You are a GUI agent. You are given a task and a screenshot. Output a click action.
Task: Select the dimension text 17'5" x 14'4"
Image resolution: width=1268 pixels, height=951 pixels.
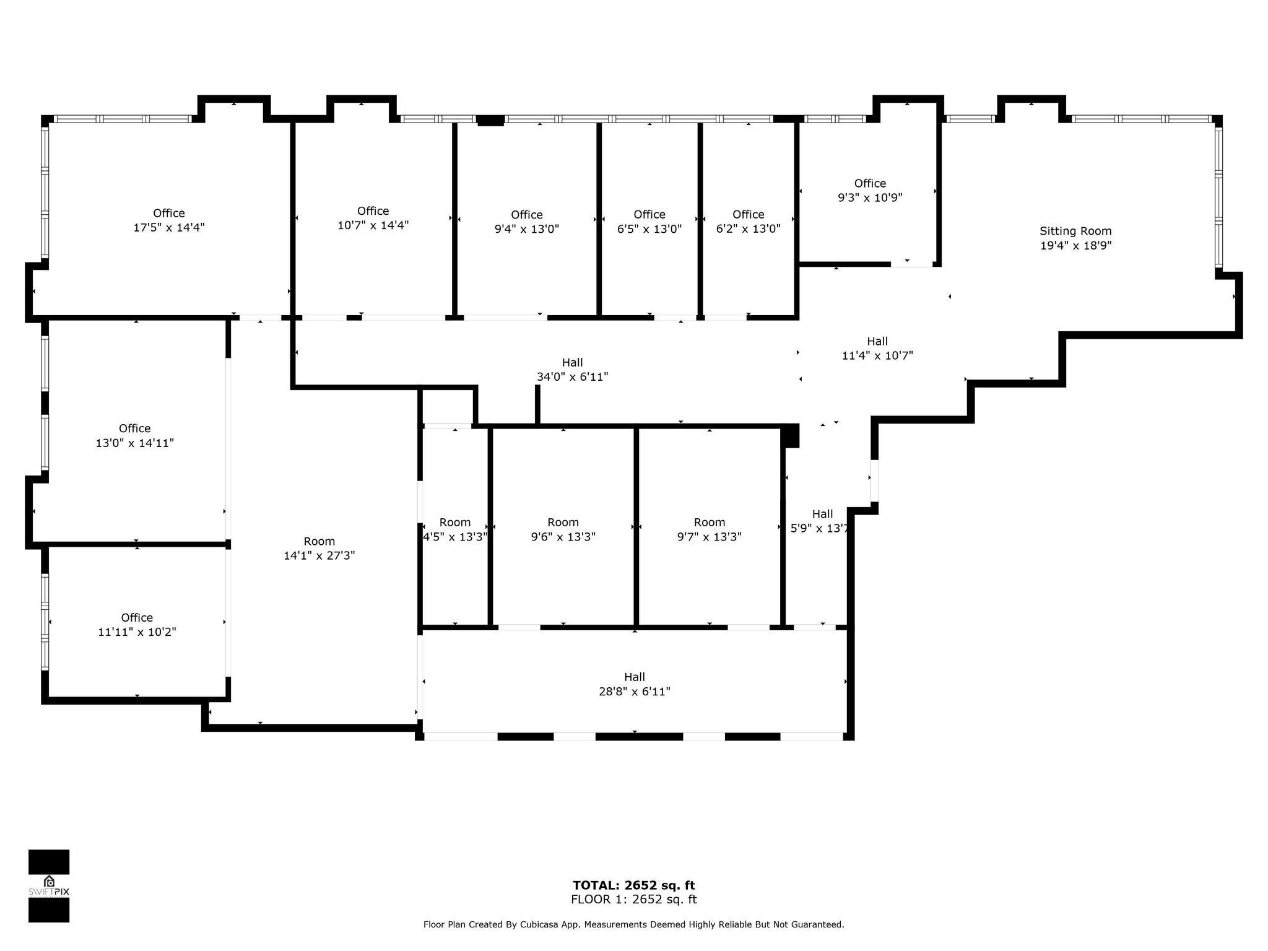(x=169, y=228)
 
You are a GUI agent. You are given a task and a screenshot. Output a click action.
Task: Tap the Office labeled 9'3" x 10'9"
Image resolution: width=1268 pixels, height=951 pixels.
(x=870, y=191)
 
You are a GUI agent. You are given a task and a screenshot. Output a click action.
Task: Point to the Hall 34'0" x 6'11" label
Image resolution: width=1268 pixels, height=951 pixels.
(x=572, y=370)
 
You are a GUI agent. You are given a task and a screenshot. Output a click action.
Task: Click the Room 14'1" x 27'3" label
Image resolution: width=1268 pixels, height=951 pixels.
(x=319, y=549)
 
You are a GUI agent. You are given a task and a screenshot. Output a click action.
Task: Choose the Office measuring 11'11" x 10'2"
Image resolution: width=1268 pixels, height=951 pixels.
(x=137, y=625)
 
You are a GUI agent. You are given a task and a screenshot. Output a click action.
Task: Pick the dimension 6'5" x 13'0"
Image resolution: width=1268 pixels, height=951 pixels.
(x=649, y=229)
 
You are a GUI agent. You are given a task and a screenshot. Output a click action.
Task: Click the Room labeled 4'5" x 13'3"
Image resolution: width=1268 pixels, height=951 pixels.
(x=455, y=529)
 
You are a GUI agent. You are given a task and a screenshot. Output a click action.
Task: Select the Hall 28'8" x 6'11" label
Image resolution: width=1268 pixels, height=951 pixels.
(x=635, y=684)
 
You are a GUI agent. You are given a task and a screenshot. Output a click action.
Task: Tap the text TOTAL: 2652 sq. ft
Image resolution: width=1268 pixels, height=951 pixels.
(x=633, y=885)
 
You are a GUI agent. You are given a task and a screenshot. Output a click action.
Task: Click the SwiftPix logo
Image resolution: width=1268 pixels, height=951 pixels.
(x=49, y=886)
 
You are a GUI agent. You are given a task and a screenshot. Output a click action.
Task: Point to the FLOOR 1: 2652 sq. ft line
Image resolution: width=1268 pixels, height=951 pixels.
(x=633, y=900)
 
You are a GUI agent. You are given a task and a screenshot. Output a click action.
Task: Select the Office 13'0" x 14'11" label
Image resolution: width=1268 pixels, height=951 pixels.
(x=135, y=436)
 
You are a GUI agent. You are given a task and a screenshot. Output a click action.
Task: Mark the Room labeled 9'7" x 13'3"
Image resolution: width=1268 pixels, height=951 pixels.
(x=710, y=529)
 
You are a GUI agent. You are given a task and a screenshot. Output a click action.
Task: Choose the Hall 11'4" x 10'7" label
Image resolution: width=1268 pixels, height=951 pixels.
(x=877, y=348)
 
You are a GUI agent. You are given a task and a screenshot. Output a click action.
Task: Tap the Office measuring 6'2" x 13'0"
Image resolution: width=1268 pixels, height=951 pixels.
(x=748, y=222)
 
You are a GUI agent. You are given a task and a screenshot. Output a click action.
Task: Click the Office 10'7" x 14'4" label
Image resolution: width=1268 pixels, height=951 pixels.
(x=373, y=218)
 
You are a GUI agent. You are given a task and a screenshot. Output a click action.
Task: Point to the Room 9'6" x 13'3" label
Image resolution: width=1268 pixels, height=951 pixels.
(x=563, y=529)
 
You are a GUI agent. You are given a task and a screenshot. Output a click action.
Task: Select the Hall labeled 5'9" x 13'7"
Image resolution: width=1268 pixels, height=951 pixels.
(x=822, y=521)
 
